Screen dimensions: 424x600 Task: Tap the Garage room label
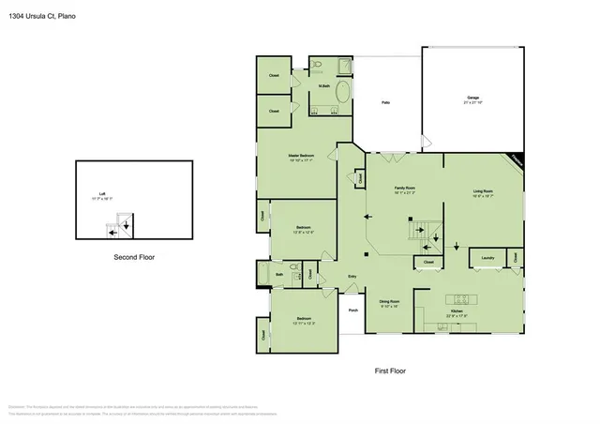tap(473, 98)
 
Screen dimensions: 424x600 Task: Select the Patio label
tap(384, 102)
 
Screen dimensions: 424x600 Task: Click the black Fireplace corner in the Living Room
tap(515, 159)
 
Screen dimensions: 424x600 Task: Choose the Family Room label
tap(404, 189)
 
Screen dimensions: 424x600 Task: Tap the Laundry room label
tap(487, 257)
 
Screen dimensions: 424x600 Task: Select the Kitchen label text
tap(457, 310)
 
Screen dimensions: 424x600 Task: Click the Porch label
tap(353, 310)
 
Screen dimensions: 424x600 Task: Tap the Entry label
tap(352, 276)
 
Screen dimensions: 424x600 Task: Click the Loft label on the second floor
tap(101, 196)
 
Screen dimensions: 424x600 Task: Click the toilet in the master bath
tap(319, 64)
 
